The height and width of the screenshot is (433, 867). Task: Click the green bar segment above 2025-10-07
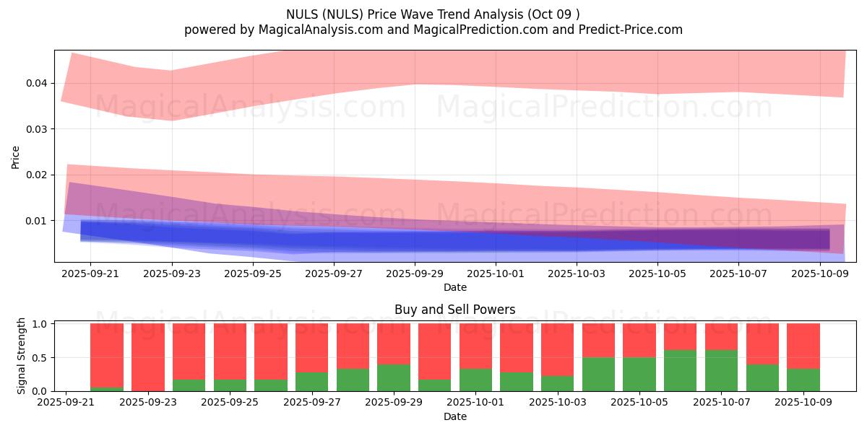pyautogui.click(x=721, y=370)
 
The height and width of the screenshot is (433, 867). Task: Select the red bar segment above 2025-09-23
pyautogui.click(x=147, y=357)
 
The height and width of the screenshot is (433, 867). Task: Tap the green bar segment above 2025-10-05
pyautogui.click(x=639, y=374)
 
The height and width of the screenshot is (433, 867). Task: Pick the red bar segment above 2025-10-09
pyautogui.click(x=803, y=346)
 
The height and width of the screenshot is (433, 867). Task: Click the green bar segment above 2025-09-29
pyautogui.click(x=394, y=377)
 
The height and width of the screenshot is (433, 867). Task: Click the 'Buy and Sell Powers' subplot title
pyautogui.click(x=454, y=310)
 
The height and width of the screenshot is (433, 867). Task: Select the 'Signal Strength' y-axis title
pyautogui.click(x=22, y=356)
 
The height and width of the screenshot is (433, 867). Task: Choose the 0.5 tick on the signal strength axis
pyautogui.click(x=40, y=358)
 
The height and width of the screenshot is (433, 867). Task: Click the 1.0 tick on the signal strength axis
pyautogui.click(x=40, y=324)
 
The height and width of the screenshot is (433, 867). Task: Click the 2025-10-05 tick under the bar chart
pyautogui.click(x=639, y=403)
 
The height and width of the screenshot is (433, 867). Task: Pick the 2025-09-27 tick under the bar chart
pyautogui.click(x=312, y=403)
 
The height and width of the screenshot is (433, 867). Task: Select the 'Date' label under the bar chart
pyautogui.click(x=454, y=416)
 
